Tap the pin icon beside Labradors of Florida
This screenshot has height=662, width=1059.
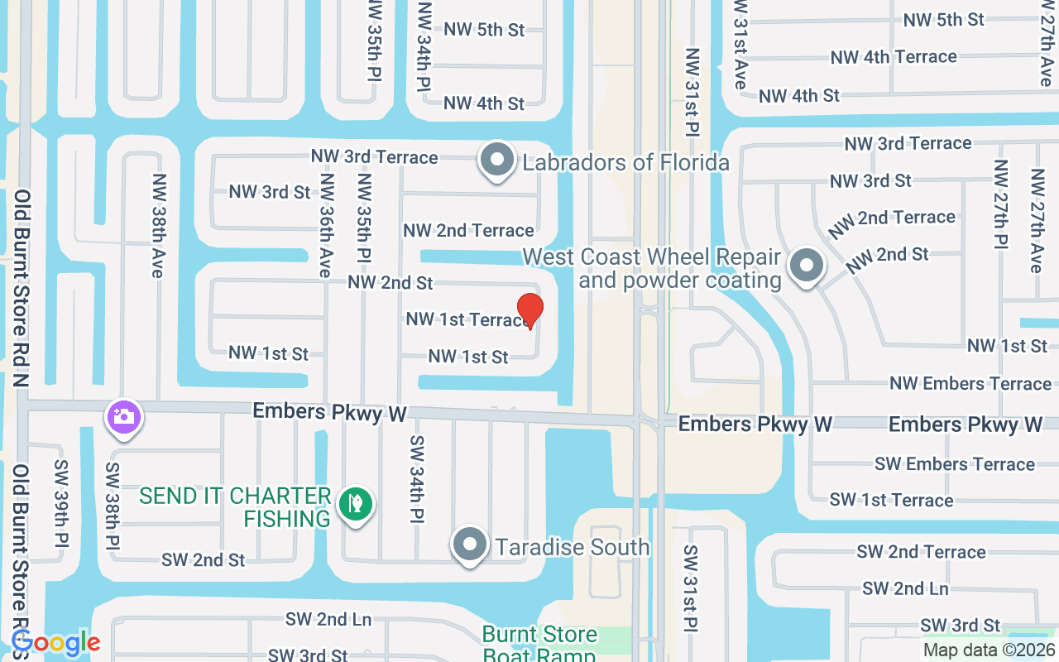click(497, 160)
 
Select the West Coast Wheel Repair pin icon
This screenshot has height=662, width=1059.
click(806, 266)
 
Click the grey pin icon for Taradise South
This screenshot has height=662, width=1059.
click(471, 545)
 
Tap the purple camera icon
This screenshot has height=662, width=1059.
click(123, 416)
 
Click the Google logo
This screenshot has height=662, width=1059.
click(55, 643)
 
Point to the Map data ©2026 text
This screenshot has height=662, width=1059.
click(989, 650)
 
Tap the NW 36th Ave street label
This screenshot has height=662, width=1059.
click(326, 225)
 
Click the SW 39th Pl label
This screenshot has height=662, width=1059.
click(60, 505)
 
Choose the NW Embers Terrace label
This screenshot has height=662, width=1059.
click(970, 383)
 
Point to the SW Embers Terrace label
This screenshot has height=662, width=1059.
click(954, 464)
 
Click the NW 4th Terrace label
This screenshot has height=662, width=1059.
click(894, 57)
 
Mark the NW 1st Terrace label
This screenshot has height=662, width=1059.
click(465, 319)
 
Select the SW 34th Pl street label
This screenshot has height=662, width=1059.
click(416, 479)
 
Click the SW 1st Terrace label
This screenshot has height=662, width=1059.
click(891, 500)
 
